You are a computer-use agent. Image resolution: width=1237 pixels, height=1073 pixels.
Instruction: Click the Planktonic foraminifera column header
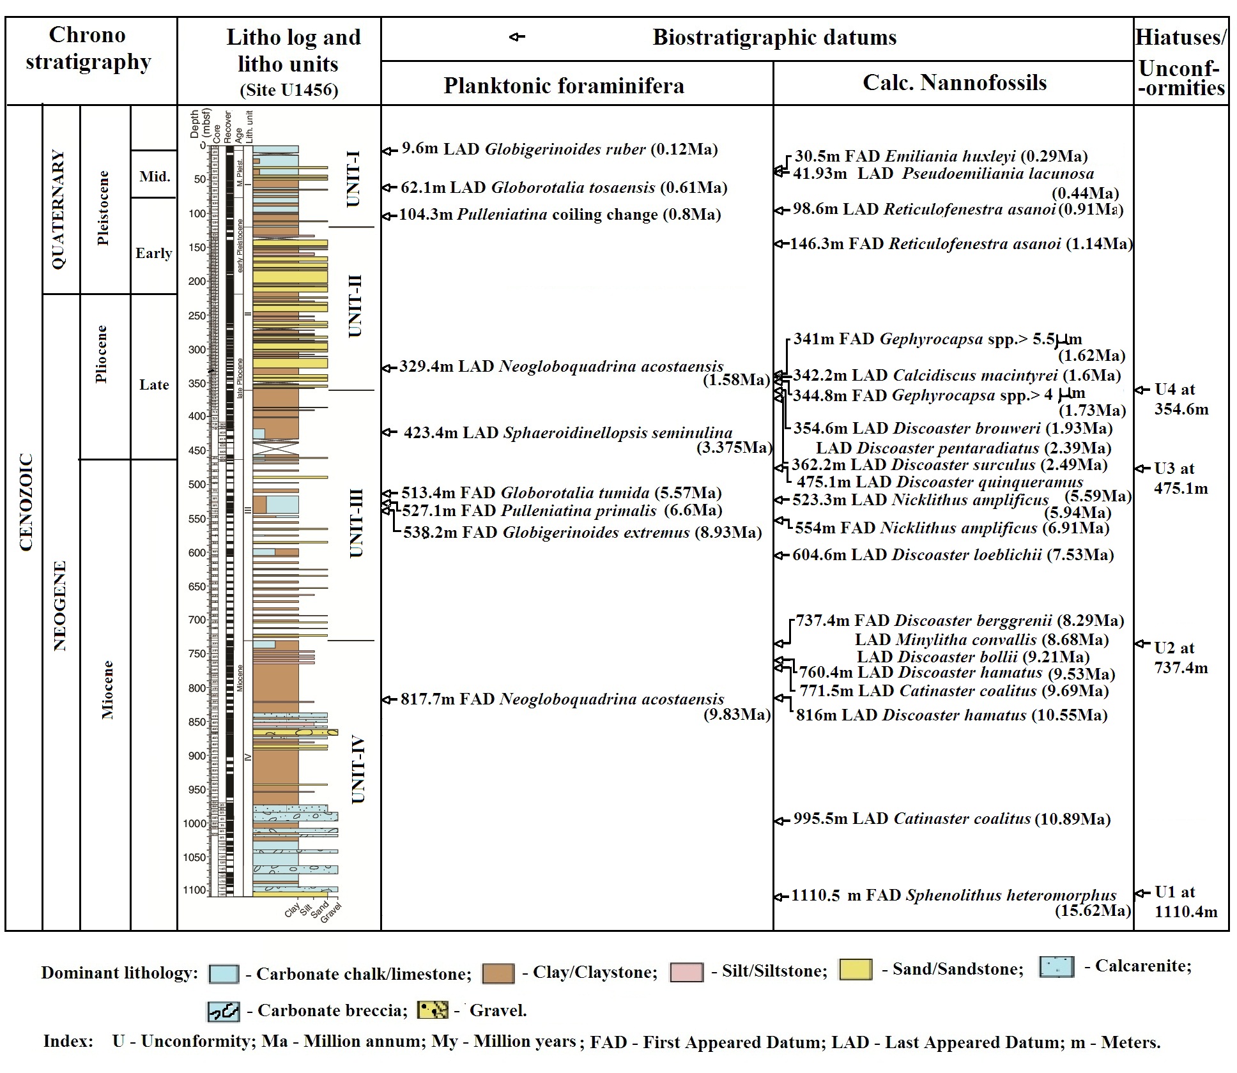pos(564,86)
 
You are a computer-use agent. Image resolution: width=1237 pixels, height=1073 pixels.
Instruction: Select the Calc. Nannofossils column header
pos(955,82)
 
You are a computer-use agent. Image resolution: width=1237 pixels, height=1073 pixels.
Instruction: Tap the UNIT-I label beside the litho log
pos(353,179)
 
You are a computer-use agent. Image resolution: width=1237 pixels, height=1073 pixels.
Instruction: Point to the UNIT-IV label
pos(358,770)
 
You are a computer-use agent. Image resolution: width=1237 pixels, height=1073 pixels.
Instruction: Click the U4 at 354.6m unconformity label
pos(1181,399)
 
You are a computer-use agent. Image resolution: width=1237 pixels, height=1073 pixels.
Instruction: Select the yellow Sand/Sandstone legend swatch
pos(855,970)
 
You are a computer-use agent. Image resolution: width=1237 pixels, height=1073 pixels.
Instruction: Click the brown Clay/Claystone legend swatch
pos(498,973)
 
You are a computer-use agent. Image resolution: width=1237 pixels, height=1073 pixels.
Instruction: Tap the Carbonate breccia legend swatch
pos(223,1011)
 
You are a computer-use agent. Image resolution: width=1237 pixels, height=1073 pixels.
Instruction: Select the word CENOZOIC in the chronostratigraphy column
pos(26,502)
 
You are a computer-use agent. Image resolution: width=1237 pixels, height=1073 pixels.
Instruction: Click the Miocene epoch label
pos(107,690)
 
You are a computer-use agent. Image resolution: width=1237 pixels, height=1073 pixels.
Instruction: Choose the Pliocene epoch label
pos(101,354)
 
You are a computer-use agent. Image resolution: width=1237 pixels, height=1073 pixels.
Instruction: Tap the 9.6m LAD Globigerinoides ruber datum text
pos(559,149)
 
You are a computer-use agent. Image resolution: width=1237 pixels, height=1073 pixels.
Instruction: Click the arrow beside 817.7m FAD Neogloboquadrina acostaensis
pos(387,700)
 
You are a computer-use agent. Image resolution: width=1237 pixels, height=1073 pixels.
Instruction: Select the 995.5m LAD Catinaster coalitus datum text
pos(951,819)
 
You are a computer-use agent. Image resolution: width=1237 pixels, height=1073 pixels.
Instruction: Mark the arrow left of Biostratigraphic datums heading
pos(517,37)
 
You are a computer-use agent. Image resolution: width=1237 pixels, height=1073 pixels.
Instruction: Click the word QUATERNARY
pos(58,209)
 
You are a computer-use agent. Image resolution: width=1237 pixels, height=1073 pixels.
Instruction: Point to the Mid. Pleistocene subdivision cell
pos(155,176)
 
